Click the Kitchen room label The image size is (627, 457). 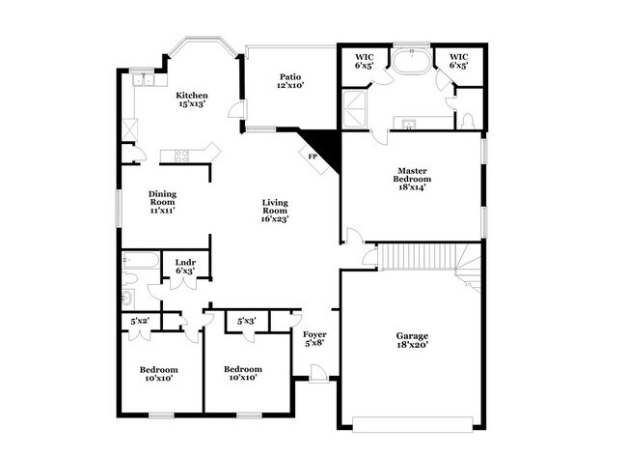[x=191, y=100]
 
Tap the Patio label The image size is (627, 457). [x=291, y=81]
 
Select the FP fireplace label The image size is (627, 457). [x=313, y=157]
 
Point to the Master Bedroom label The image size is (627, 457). [x=411, y=179]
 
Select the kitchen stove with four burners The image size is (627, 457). [x=178, y=155]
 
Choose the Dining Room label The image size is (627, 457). [x=161, y=201]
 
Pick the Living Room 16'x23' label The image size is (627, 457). [x=275, y=211]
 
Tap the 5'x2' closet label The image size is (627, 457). [x=140, y=321]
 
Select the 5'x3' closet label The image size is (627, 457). [x=246, y=321]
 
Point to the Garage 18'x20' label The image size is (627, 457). [x=412, y=340]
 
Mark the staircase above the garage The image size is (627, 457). [x=424, y=258]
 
